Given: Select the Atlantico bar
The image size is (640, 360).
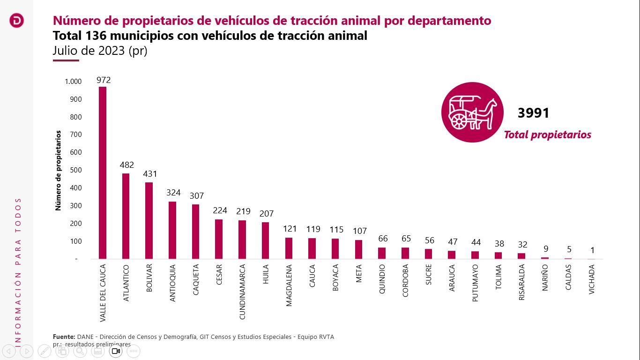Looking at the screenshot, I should tap(126, 216).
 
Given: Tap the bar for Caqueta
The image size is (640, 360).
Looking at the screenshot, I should tap(195, 232).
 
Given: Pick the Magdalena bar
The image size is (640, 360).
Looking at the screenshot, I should tap(289, 248).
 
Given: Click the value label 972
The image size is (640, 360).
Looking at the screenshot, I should tap(104, 80).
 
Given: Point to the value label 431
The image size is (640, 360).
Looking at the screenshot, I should tap(150, 174).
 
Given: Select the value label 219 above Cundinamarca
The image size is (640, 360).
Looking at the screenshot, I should tap(243, 211).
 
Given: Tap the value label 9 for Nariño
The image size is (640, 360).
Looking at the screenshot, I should tap(545, 249).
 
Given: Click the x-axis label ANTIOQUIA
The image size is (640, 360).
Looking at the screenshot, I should tap(172, 283).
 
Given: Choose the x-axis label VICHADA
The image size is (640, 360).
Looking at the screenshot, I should tap(592, 279).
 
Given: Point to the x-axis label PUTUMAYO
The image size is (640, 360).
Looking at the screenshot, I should tap(475, 283).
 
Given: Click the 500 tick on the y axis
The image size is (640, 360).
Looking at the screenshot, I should tap(76, 170).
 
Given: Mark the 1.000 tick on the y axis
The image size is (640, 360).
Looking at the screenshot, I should tap(73, 82).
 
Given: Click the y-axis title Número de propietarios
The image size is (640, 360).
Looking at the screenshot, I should tap(59, 171).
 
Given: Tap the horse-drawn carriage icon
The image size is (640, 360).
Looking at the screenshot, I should tap(472, 112).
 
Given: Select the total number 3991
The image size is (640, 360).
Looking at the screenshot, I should tap(533, 113).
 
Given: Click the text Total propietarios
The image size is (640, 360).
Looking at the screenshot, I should tap(547, 135).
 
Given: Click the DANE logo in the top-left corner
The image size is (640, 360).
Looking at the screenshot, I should tap(16, 21).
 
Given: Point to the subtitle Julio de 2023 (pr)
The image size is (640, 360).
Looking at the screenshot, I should tap(100, 51).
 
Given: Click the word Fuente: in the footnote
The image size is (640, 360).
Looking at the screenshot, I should tap(64, 337).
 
